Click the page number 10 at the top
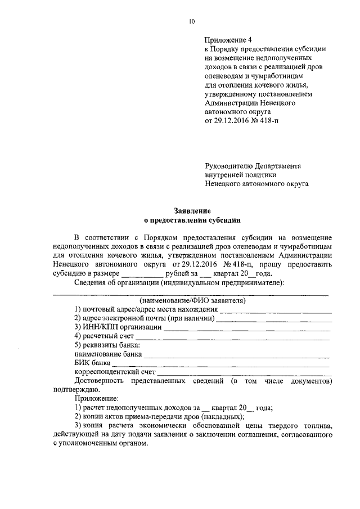point(192,21)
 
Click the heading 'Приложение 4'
point(228,40)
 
